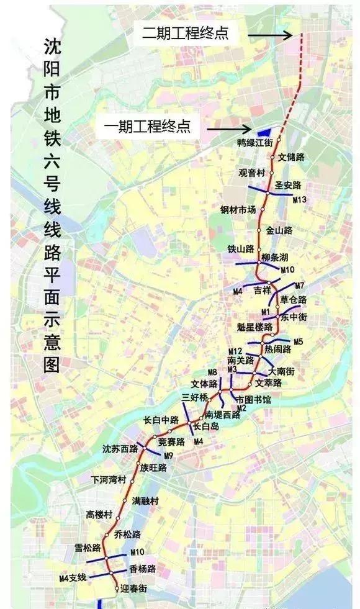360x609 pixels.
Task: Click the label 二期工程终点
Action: tap(186, 34)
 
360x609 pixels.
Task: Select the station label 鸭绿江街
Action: tap(255, 142)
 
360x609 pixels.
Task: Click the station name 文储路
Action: tap(291, 157)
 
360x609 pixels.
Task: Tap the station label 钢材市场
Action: tap(238, 209)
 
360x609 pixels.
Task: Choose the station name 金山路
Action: tap(279, 230)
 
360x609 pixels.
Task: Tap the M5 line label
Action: tap(299, 341)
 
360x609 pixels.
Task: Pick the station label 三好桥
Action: tap(193, 395)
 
